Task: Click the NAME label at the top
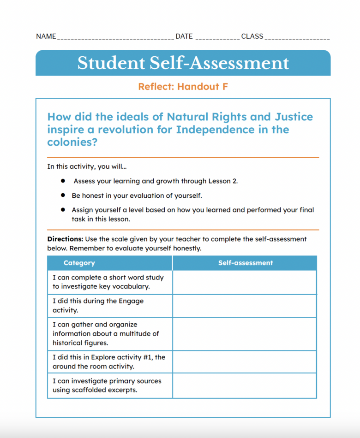pos(46,36)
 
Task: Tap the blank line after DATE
pos(217,37)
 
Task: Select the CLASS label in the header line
pos(252,36)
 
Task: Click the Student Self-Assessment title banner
pos(183,63)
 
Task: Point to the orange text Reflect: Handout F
pos(183,87)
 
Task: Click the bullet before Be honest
pos(62,196)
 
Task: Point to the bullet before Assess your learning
pos(62,181)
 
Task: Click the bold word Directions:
pos(65,239)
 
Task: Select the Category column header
pos(79,263)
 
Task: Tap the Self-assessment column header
pos(245,263)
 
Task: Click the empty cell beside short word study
pos(244,282)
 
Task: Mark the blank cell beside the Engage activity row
pos(244,306)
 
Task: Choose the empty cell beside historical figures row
pos(244,334)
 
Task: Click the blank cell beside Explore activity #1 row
pos(244,362)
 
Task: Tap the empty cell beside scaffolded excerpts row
pos(244,385)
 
